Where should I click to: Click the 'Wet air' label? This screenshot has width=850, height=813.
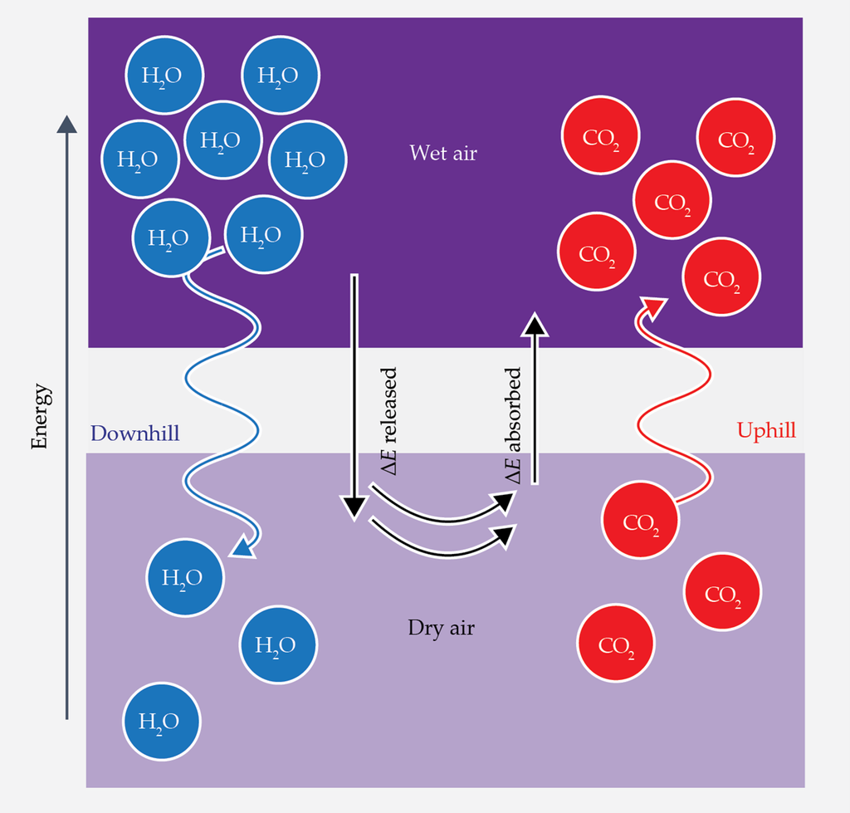click(443, 154)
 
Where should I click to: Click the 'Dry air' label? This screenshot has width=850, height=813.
click(441, 628)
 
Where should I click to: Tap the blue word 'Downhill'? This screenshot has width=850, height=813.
click(134, 433)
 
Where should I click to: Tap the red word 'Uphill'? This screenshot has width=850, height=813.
click(766, 431)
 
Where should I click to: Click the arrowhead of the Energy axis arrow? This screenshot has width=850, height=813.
click(66, 125)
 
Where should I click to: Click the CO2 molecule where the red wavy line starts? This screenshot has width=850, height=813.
click(640, 522)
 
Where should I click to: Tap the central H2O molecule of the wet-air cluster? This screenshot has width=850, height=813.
click(222, 140)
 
